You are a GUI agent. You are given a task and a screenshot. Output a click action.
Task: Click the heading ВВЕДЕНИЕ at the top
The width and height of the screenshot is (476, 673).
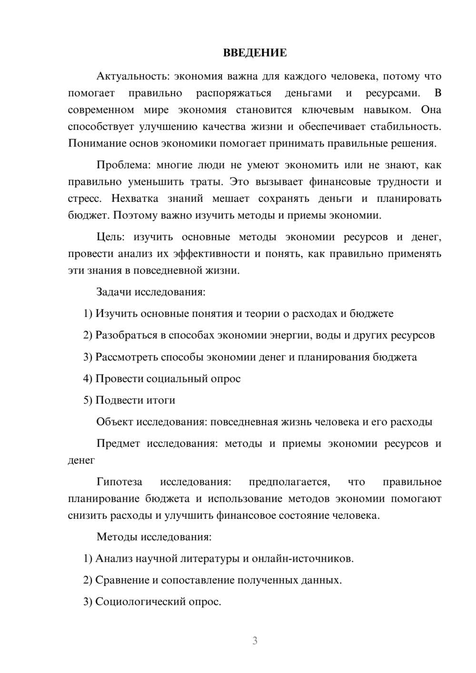(x=255, y=53)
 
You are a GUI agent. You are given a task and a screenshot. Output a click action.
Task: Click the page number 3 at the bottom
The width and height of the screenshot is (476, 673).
(x=255, y=641)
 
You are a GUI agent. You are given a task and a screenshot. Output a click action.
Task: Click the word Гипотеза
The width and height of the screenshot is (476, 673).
(x=119, y=482)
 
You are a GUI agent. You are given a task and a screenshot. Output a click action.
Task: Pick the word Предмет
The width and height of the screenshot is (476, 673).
(x=118, y=444)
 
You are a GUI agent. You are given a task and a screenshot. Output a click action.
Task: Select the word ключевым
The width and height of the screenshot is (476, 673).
(x=327, y=110)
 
